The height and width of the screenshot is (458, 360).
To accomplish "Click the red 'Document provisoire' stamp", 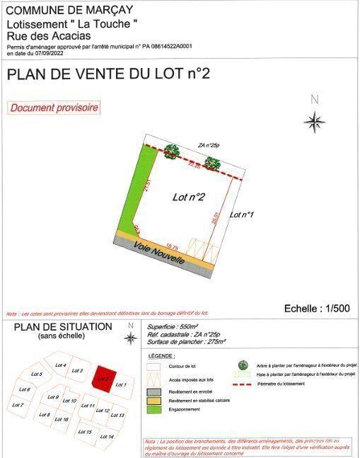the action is [54, 108].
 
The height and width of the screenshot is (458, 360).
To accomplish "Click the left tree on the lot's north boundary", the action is [172, 151].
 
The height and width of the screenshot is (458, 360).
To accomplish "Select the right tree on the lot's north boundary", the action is [212, 164].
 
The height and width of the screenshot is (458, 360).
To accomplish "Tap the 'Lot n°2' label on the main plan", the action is [189, 197].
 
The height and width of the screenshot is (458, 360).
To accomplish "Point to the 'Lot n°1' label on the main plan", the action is [243, 214].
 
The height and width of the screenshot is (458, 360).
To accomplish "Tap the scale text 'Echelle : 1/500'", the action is [317, 308].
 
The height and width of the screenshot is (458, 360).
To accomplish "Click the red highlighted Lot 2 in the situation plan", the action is [104, 377].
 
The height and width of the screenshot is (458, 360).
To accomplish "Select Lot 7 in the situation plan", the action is [18, 405].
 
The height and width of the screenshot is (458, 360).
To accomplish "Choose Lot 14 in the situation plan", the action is [107, 436].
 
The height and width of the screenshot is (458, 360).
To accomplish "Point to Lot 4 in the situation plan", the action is [61, 365].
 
